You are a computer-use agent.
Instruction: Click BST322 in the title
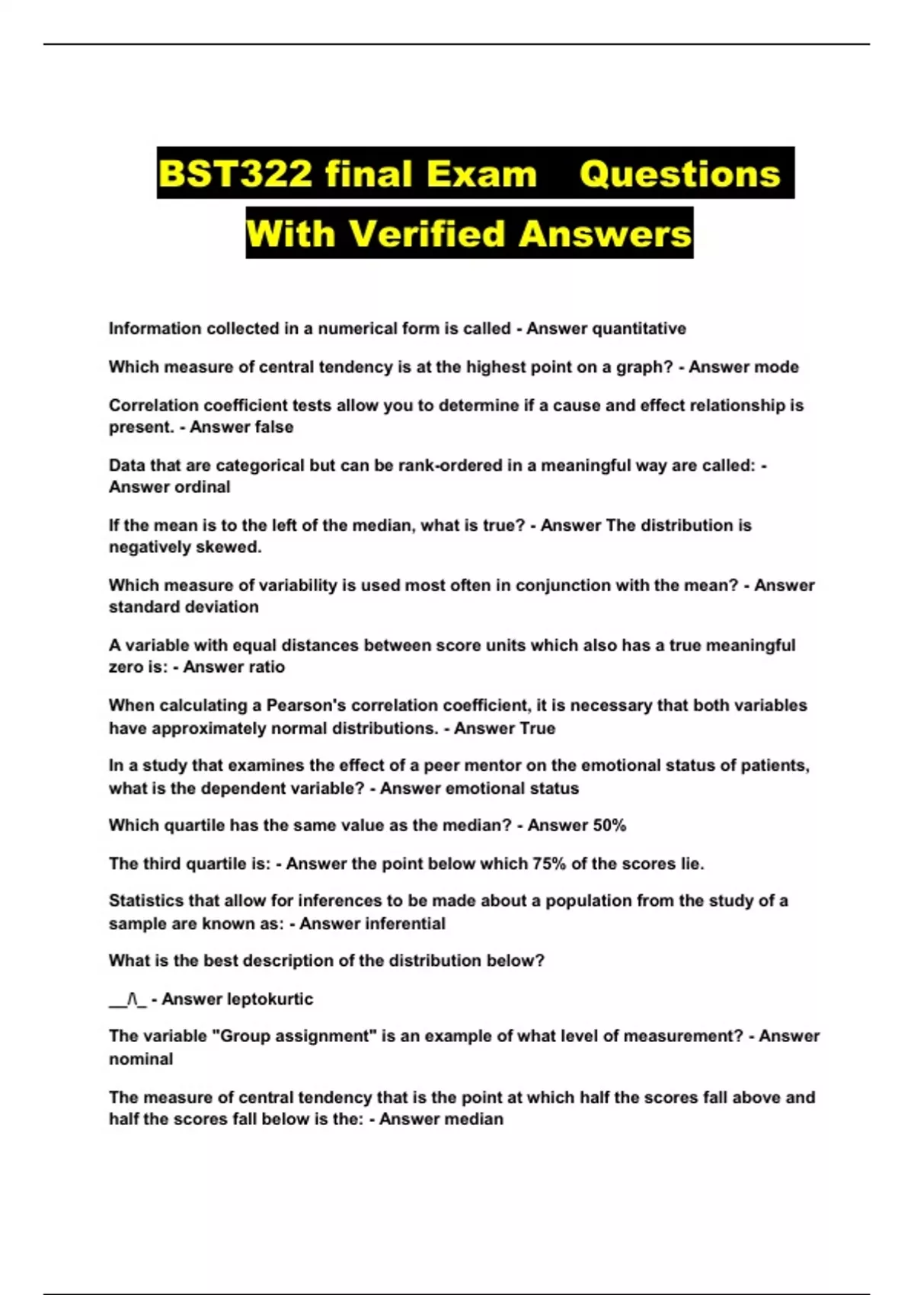pos(235,174)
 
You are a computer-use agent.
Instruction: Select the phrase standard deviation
pos(184,607)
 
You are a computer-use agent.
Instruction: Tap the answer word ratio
pos(265,667)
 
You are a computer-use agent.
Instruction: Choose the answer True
pos(537,728)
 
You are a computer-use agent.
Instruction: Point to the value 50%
pos(609,826)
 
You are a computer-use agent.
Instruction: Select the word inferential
pos(405,924)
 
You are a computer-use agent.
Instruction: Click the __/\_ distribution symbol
pos(127,999)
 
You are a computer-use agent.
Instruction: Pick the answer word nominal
pos(141,1060)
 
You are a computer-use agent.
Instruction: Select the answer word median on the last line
pos(474,1120)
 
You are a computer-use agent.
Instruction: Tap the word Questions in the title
pos(679,174)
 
